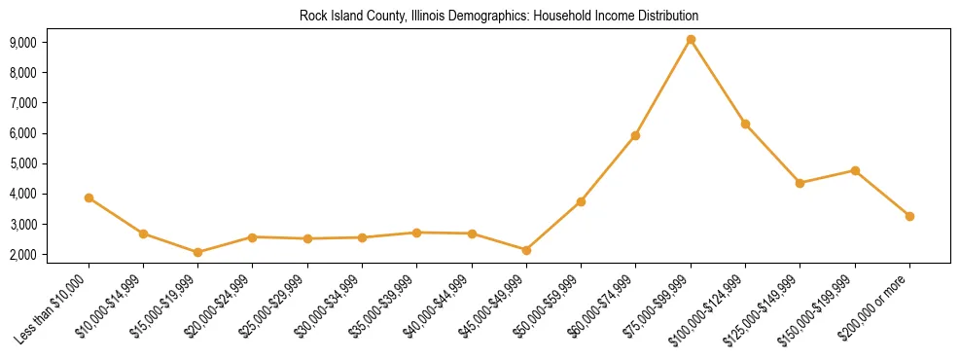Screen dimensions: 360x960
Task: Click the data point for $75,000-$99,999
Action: [x=691, y=40]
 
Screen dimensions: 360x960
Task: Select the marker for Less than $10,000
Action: [x=89, y=198]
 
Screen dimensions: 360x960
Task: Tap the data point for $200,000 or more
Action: [x=909, y=216]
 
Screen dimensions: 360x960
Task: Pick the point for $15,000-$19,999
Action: [x=197, y=252]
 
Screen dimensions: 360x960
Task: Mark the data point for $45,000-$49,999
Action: [x=526, y=250]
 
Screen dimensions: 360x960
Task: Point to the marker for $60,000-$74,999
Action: [x=635, y=135]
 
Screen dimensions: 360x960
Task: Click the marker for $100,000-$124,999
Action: [x=745, y=124]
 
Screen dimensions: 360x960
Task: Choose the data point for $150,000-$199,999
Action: [x=855, y=170]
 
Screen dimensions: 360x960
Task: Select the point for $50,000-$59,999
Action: [x=581, y=201]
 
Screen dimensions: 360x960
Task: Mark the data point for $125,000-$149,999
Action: [x=800, y=183]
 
